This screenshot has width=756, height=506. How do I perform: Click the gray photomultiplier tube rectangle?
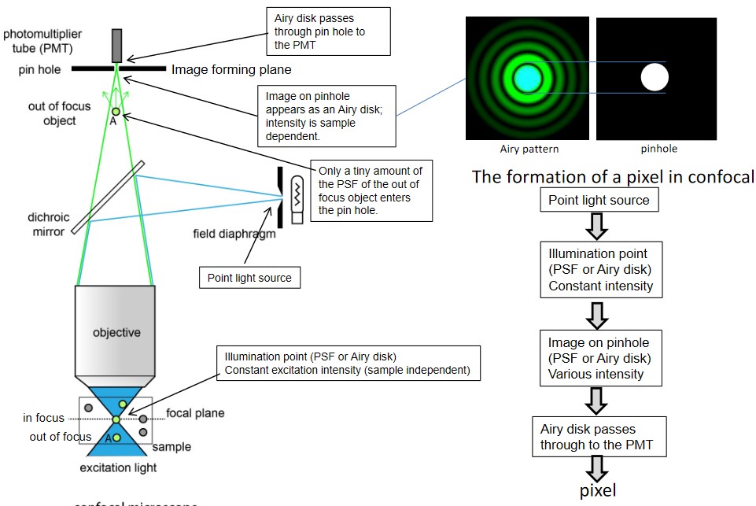117,45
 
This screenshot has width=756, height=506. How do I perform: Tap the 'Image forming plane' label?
225,70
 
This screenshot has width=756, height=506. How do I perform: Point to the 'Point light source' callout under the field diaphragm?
249,278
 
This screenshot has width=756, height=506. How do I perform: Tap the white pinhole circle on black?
654,78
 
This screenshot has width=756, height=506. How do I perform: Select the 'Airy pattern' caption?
529,149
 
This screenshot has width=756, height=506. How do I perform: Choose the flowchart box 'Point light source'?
599,200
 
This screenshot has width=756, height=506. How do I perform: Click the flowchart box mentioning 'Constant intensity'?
600,270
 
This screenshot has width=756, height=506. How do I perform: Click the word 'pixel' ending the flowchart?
598,491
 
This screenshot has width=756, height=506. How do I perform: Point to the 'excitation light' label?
118,468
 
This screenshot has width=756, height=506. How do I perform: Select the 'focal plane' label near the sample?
195,413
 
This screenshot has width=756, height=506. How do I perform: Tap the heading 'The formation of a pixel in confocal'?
613,176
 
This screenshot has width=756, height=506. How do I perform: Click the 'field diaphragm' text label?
234,233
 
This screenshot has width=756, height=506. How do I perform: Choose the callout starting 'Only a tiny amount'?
370,192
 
